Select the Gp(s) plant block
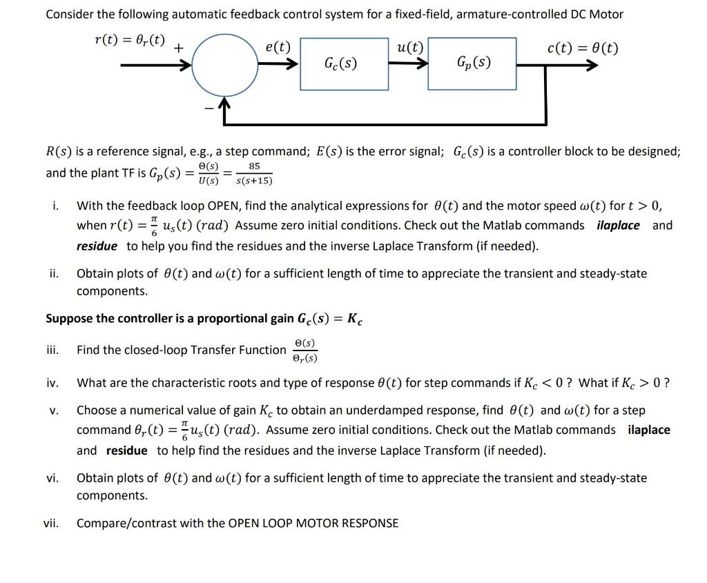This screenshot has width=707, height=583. tap(473, 64)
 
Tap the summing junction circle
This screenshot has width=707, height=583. tap(223, 66)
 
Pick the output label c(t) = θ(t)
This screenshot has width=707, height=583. tap(582, 48)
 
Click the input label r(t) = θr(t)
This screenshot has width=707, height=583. tap(130, 39)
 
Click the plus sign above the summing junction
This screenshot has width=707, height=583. tap(178, 48)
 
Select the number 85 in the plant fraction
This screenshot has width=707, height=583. tap(254, 166)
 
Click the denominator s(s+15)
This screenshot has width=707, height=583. tap(254, 181)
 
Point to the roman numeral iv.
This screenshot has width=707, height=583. tap(54, 382)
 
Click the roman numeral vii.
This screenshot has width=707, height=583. tap(52, 523)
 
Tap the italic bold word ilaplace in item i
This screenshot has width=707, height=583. tap(618, 226)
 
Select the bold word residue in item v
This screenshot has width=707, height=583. tap(126, 451)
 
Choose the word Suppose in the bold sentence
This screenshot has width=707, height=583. tap(69, 319)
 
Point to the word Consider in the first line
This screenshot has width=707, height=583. tap(70, 14)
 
